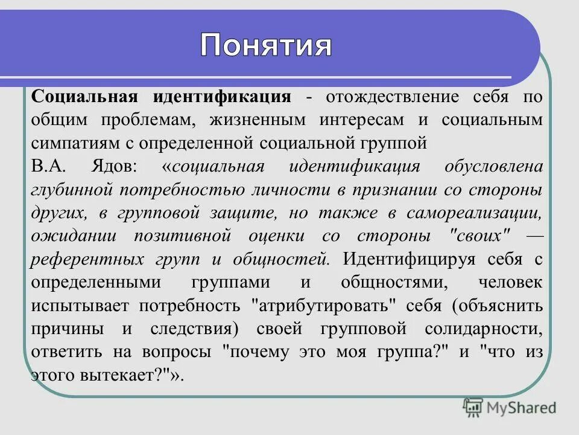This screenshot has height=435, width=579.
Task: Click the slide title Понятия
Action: coord(266,45)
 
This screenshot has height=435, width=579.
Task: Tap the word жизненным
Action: coord(248,120)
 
